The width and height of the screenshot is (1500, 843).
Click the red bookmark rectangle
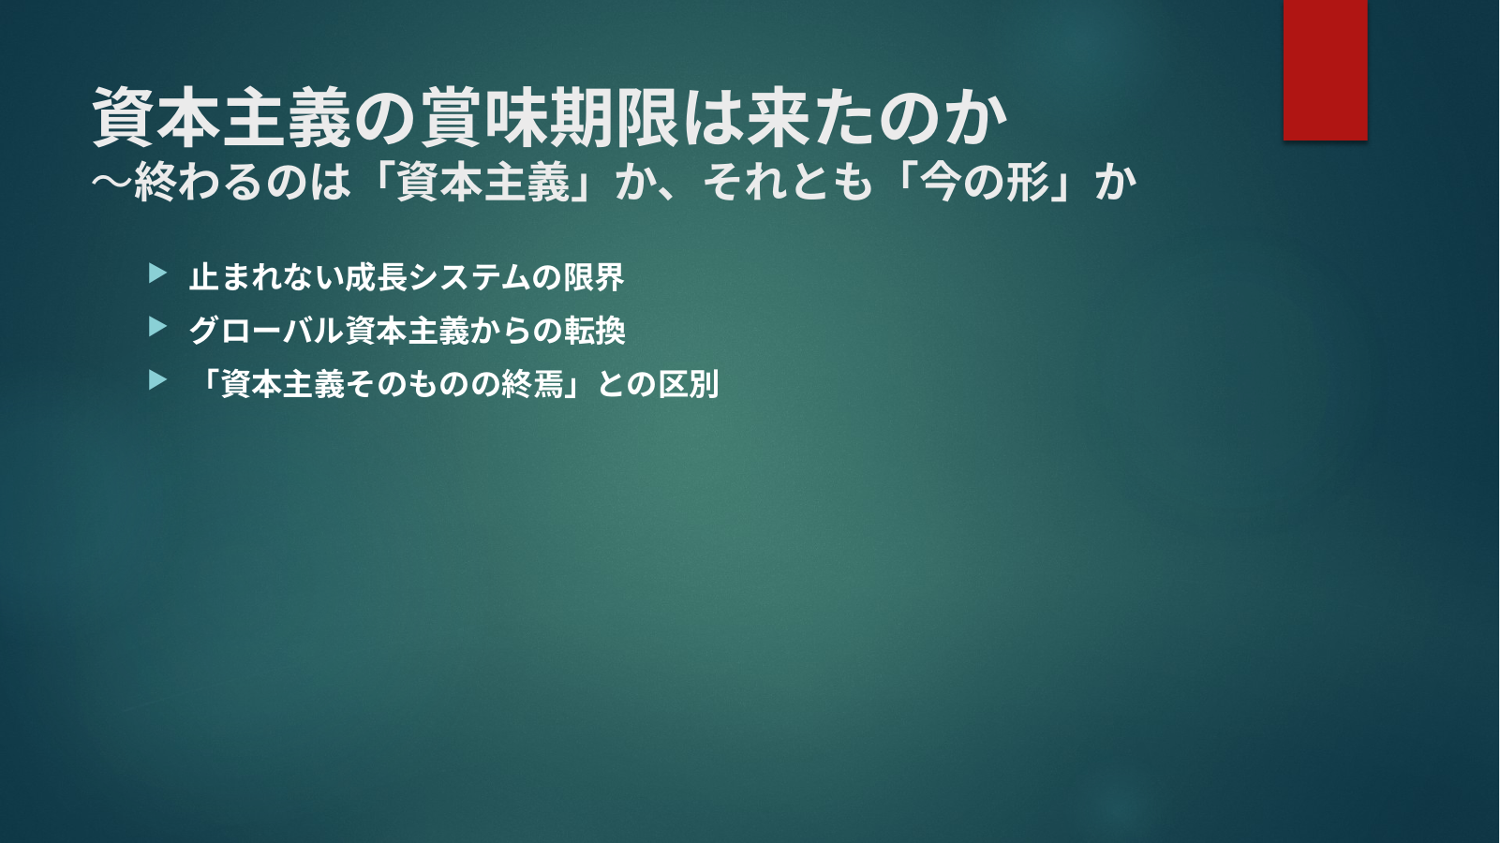[1325, 69]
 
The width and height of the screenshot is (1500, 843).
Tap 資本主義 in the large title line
[222, 119]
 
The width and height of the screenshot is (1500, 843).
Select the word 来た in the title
[810, 119]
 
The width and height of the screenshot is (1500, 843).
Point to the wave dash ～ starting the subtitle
[112, 182]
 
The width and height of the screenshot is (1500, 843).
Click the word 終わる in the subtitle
[199, 182]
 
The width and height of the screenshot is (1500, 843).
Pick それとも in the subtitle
[788, 182]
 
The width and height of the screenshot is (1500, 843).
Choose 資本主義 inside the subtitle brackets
[483, 182]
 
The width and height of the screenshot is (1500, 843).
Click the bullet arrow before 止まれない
[157, 273]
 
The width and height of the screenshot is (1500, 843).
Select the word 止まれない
[266, 277]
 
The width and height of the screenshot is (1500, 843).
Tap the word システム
[468, 277]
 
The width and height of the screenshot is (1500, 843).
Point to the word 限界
[593, 277]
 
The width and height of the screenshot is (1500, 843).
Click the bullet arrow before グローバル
[157, 327]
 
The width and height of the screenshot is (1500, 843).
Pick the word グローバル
[266, 331]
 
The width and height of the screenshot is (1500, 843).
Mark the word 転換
[595, 331]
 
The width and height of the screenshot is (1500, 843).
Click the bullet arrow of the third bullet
[157, 380]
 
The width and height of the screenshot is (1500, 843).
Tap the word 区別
[689, 384]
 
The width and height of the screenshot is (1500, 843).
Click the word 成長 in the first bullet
[375, 277]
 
